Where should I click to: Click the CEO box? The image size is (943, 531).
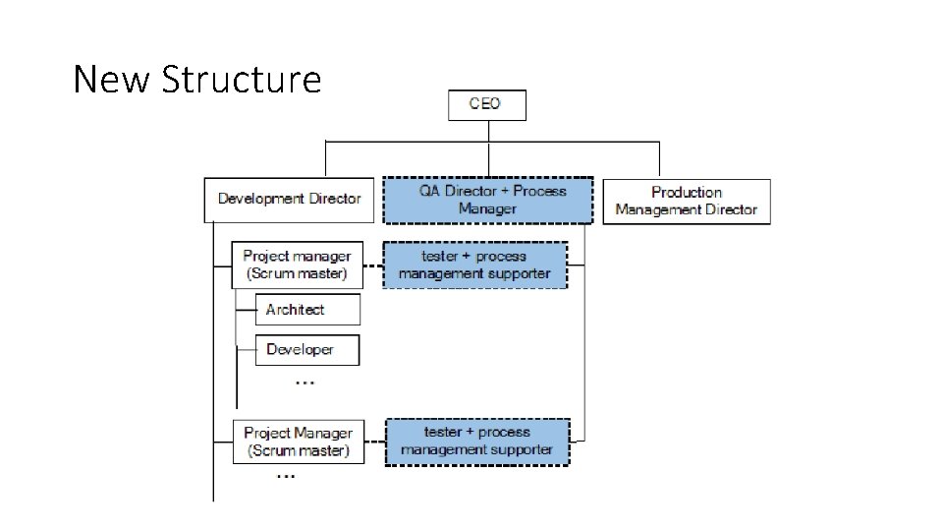(486, 105)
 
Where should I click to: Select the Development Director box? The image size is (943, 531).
(289, 199)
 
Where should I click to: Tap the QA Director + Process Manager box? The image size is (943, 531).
(487, 200)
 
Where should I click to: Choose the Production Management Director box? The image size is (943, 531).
(686, 201)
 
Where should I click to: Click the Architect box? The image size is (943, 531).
(306, 310)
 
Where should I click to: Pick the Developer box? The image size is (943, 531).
(306, 350)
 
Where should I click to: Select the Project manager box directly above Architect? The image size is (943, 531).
(297, 265)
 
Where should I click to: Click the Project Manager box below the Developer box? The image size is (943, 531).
(297, 442)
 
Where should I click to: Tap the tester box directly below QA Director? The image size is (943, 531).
(474, 265)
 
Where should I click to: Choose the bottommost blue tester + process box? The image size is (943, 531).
(476, 442)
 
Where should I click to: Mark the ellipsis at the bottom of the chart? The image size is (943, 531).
(285, 476)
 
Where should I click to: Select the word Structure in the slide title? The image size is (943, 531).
(241, 79)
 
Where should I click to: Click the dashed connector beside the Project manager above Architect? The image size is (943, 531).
(372, 265)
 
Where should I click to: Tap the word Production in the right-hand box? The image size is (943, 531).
(686, 193)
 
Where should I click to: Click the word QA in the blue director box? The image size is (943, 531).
(430, 191)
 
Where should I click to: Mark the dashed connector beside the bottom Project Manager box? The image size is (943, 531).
(374, 442)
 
